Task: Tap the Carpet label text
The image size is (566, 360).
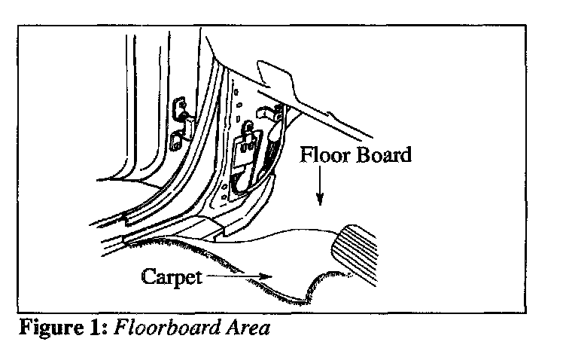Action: tap(172, 276)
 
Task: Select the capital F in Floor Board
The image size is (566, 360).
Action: tap(307, 156)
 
